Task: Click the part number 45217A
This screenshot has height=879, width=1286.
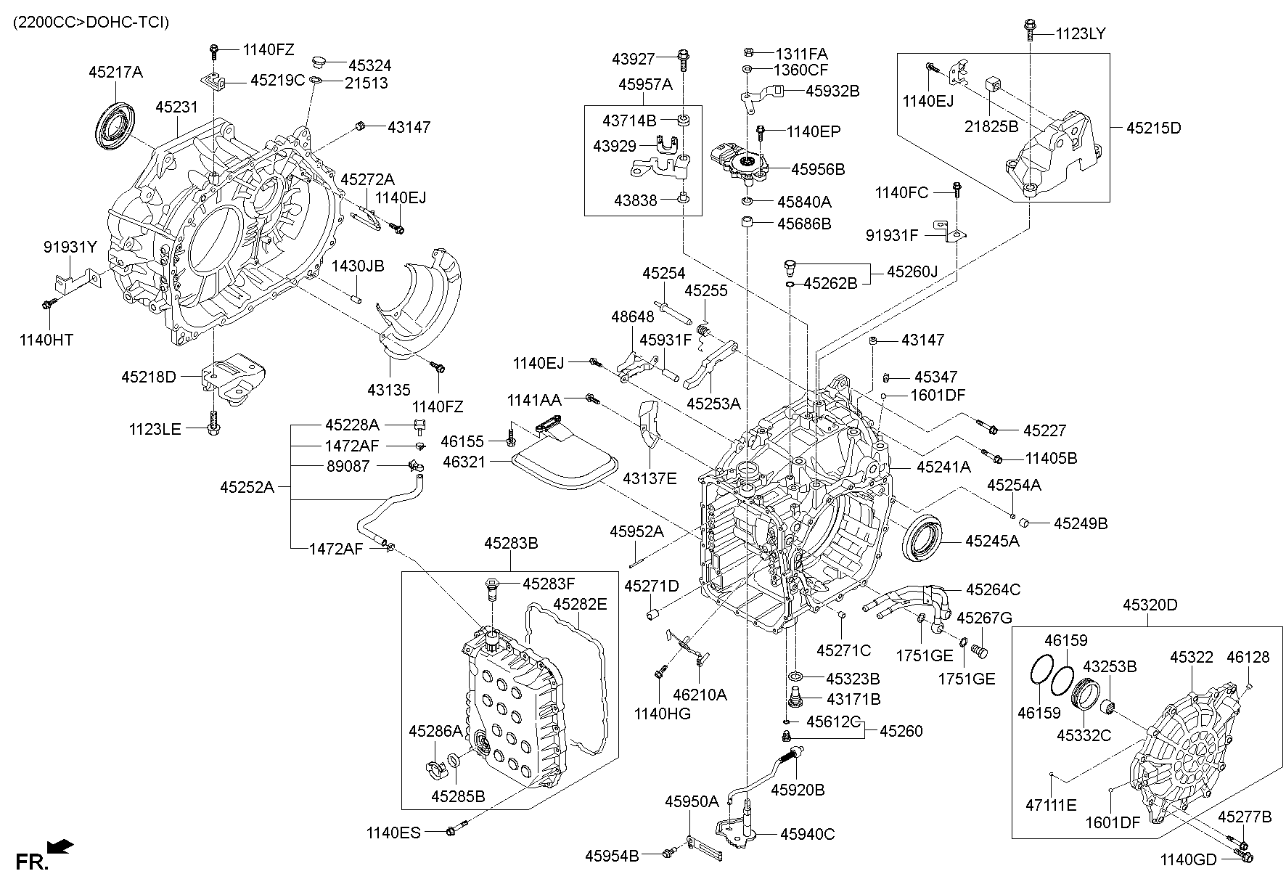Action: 115,73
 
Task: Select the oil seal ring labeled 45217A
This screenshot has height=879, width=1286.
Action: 115,126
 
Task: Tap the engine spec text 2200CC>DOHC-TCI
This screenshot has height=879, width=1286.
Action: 91,23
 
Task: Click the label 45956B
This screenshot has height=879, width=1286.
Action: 818,169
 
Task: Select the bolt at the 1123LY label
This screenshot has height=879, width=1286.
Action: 1030,28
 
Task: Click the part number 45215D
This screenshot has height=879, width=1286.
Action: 1153,128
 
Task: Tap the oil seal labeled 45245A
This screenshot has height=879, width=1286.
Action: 923,539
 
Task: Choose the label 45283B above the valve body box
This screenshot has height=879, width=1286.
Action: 511,543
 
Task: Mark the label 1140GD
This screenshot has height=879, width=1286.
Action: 1187,860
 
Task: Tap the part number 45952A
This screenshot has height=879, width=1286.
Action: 636,532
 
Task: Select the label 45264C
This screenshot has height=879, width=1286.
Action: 993,589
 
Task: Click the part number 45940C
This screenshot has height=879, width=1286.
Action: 807,835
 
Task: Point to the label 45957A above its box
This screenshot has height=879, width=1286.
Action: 645,85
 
